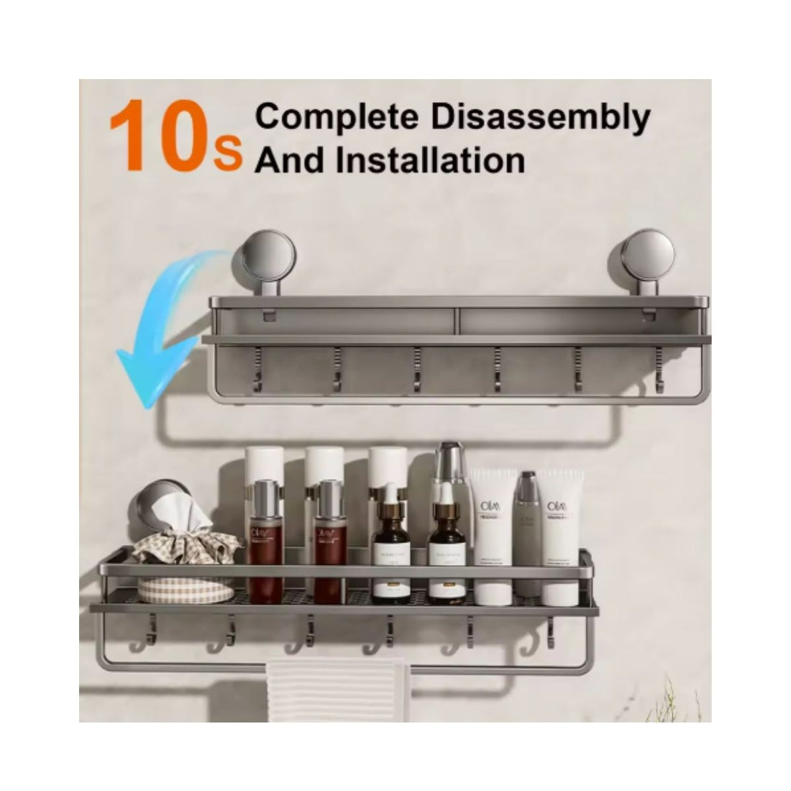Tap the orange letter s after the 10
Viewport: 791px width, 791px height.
click(x=234, y=154)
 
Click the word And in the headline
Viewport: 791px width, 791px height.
click(x=286, y=160)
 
